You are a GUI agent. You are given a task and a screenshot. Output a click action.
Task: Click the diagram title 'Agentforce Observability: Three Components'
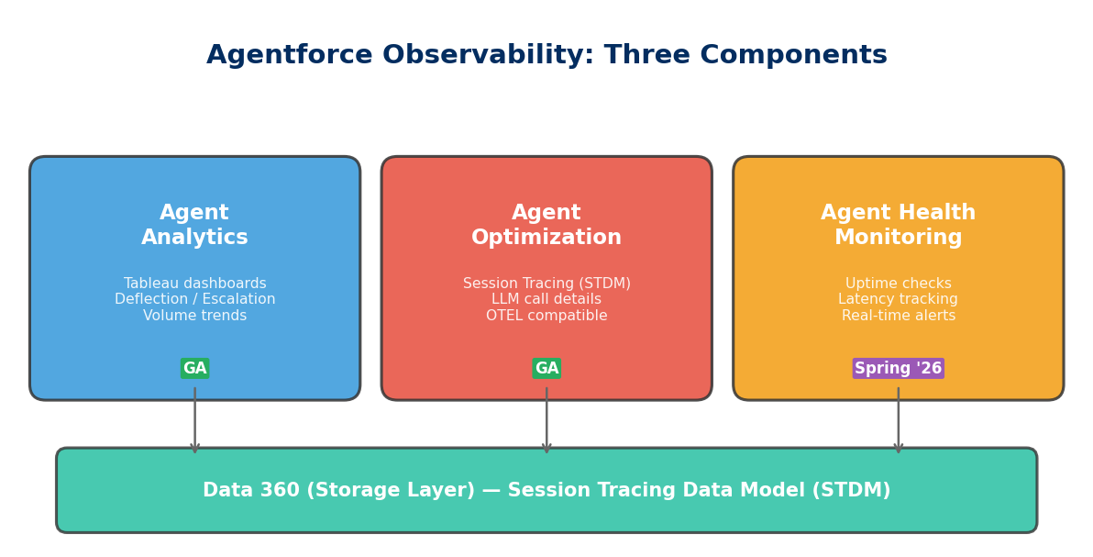click(x=546, y=56)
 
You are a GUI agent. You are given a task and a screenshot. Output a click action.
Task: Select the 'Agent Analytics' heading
click(x=194, y=226)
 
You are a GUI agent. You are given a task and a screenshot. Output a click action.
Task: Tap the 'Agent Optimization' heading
click(x=546, y=226)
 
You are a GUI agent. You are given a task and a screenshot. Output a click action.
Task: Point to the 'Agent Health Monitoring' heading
click(x=898, y=226)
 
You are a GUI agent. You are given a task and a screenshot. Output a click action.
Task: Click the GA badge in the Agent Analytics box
click(x=194, y=369)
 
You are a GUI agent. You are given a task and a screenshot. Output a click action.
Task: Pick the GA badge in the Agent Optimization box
click(x=546, y=369)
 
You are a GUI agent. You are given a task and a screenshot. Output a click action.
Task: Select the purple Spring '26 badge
click(x=898, y=369)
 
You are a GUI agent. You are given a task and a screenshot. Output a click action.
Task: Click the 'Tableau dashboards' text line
click(x=194, y=284)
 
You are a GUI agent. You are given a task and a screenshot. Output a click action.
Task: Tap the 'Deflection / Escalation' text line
click(x=194, y=300)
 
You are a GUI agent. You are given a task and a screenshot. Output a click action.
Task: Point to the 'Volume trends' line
click(x=194, y=316)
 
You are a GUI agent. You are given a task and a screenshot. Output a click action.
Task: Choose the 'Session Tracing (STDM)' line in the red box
click(x=546, y=284)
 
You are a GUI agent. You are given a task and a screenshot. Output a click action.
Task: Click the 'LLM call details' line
click(x=546, y=300)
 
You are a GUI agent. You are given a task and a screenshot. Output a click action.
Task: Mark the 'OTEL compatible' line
click(x=546, y=316)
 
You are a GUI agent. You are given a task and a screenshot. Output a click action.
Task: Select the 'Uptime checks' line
click(x=898, y=284)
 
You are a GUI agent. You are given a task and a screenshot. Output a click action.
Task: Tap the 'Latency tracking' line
click(x=898, y=300)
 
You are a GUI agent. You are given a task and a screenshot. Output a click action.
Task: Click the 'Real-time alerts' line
click(x=898, y=316)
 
